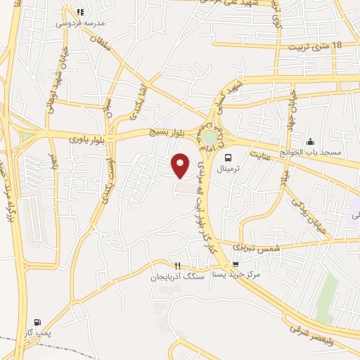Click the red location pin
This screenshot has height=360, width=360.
[x=181, y=165]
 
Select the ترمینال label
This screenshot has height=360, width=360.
[x=228, y=170]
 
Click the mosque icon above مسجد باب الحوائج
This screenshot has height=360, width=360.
[x=310, y=141]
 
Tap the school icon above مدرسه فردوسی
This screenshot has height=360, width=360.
[x=80, y=12]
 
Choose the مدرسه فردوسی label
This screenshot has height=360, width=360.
[x=79, y=22]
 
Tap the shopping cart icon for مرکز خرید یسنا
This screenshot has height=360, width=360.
[x=236, y=264]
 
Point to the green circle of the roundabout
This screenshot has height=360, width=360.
[x=210, y=137]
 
